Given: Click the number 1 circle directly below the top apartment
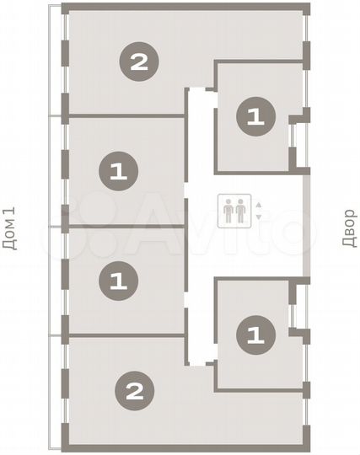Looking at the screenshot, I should (118, 172).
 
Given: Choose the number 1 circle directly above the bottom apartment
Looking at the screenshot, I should (118, 279).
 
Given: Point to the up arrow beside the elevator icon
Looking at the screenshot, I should (259, 204).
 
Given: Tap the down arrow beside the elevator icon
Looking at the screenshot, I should (259, 217).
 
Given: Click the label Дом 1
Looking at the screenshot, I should (10, 227).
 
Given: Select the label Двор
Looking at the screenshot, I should (348, 227).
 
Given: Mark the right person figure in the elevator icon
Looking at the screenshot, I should (241, 210).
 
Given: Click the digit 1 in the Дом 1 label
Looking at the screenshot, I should (10, 211).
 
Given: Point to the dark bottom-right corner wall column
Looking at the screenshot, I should (305, 446).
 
